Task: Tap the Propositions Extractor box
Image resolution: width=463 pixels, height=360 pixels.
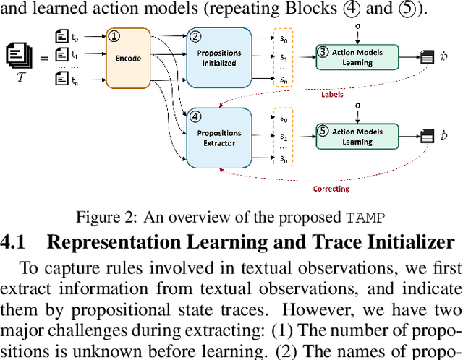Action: (219, 137)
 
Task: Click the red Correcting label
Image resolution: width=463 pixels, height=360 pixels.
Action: (331, 189)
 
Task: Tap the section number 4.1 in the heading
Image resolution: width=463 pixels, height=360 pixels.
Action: (16, 242)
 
